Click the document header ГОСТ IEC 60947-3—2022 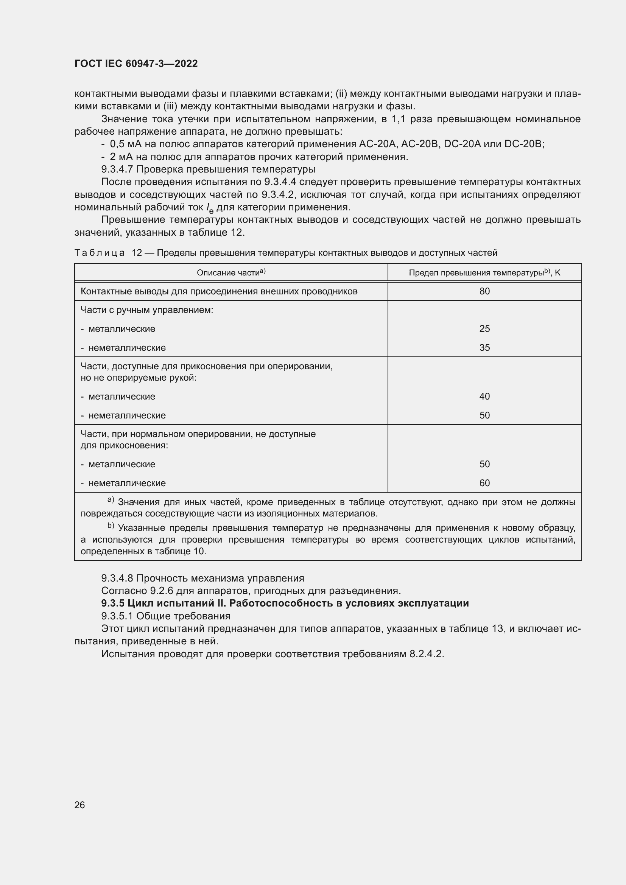pos(136,64)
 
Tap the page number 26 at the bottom pos(79,805)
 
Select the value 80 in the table pos(484,291)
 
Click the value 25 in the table pos(484,329)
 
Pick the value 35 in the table pos(484,348)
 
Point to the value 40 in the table pos(484,397)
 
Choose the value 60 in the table pos(484,483)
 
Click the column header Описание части pos(231,273)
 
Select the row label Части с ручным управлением pos(147,310)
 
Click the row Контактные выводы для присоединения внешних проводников pos(219,291)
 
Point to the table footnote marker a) pos(111,500)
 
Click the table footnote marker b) pos(111,526)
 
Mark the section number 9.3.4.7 pos(117,169)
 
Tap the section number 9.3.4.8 pos(117,578)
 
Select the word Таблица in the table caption pos(100,253)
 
